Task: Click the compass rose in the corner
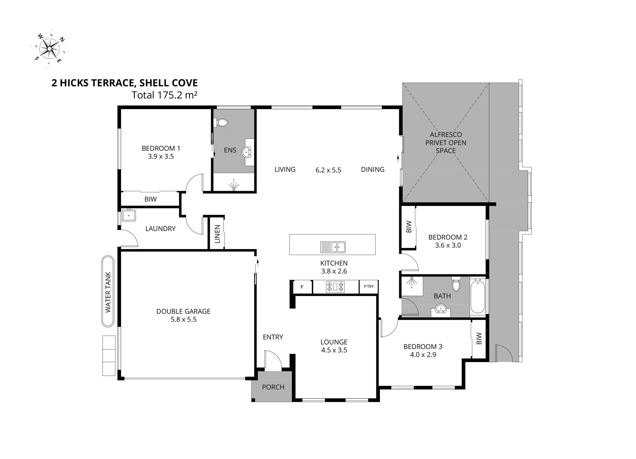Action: [x=50, y=49]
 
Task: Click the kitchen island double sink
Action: [x=333, y=247]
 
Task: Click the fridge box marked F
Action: [x=302, y=287]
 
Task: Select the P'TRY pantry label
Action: [x=369, y=286]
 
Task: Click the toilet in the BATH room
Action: [x=456, y=284]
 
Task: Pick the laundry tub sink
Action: [x=129, y=215]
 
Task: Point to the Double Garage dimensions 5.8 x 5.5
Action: [x=184, y=319]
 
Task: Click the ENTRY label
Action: [x=273, y=337]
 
